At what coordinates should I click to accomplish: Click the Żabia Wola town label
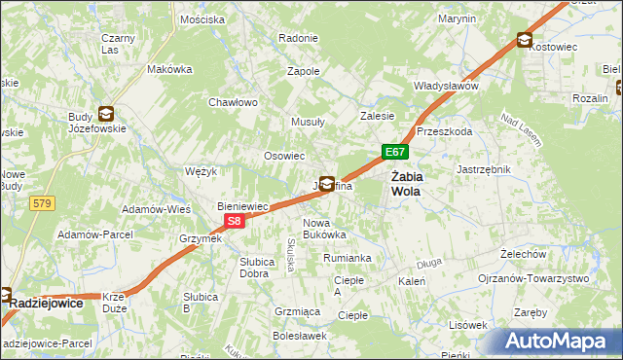(406, 183)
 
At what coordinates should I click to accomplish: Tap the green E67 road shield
(394, 152)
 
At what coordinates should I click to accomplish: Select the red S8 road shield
(234, 222)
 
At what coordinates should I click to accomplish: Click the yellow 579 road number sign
(41, 203)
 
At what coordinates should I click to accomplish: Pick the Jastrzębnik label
(484, 168)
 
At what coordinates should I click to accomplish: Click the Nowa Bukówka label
(324, 229)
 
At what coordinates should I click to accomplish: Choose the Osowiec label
(285, 156)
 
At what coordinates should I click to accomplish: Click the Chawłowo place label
(233, 102)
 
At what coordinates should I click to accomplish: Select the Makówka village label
(169, 70)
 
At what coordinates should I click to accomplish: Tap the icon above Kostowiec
(525, 40)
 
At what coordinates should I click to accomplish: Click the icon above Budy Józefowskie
(105, 114)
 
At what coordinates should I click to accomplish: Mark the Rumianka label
(348, 258)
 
